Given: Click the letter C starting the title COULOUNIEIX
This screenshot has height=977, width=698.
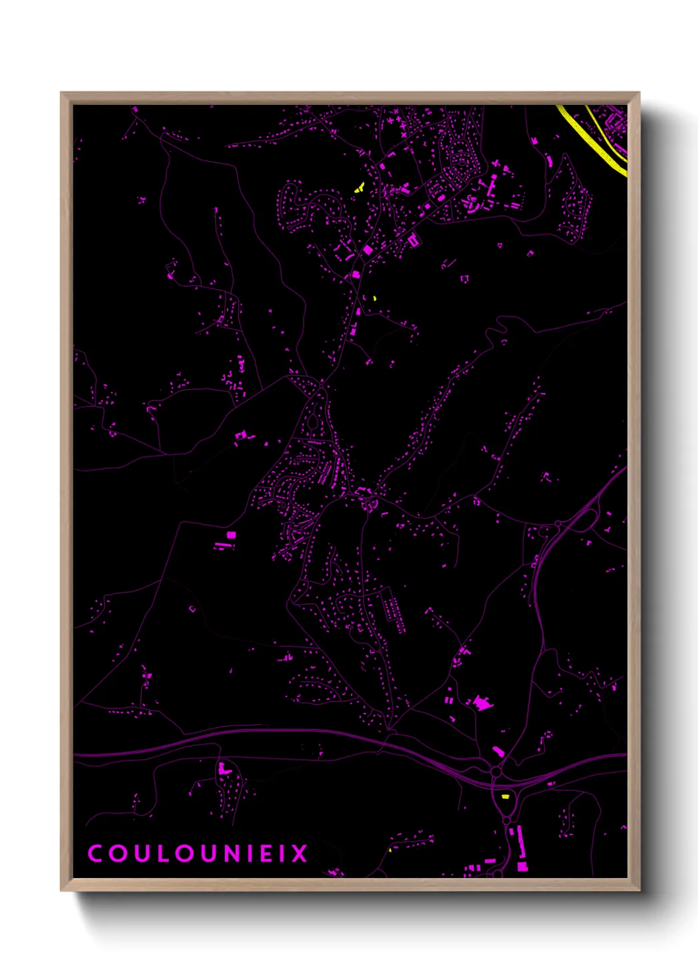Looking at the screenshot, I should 95,854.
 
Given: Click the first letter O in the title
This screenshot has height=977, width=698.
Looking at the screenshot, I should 116,854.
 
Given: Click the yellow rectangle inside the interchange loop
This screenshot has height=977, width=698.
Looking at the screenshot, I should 505,796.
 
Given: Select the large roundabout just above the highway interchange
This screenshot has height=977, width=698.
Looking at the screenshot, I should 495,771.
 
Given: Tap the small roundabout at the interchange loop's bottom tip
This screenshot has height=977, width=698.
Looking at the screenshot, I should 507,820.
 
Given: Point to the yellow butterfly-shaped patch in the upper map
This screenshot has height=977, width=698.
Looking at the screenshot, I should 359,188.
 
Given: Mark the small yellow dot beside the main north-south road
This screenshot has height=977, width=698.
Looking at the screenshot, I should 374,298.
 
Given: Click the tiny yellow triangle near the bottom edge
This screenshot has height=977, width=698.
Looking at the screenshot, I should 390,850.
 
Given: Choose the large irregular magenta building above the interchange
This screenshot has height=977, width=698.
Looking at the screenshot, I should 483,703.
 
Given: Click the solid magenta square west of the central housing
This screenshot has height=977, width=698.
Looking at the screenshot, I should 231,535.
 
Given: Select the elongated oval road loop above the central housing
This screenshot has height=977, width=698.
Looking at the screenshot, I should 313,418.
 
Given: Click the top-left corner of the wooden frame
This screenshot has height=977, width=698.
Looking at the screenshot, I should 62,93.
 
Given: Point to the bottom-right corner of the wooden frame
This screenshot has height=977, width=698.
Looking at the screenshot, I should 639,890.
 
